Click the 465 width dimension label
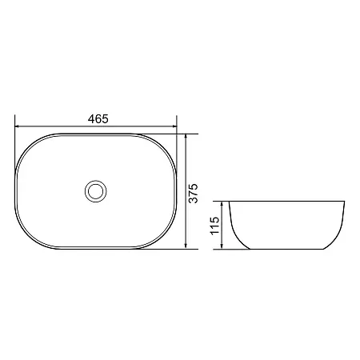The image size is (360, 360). pos(98,119)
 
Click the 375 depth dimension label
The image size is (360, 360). pos(194,194)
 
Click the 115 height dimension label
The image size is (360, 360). pos(215,226)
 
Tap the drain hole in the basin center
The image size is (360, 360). pos(96,191)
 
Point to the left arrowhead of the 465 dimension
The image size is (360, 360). pos(17,126)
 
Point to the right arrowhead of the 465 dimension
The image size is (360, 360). pos(174,126)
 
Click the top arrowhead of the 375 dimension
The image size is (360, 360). pos(186,136)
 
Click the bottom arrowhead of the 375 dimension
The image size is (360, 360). pos(186,246)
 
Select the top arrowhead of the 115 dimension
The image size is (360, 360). pos(222,204)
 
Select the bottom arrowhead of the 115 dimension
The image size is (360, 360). pos(222,246)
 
